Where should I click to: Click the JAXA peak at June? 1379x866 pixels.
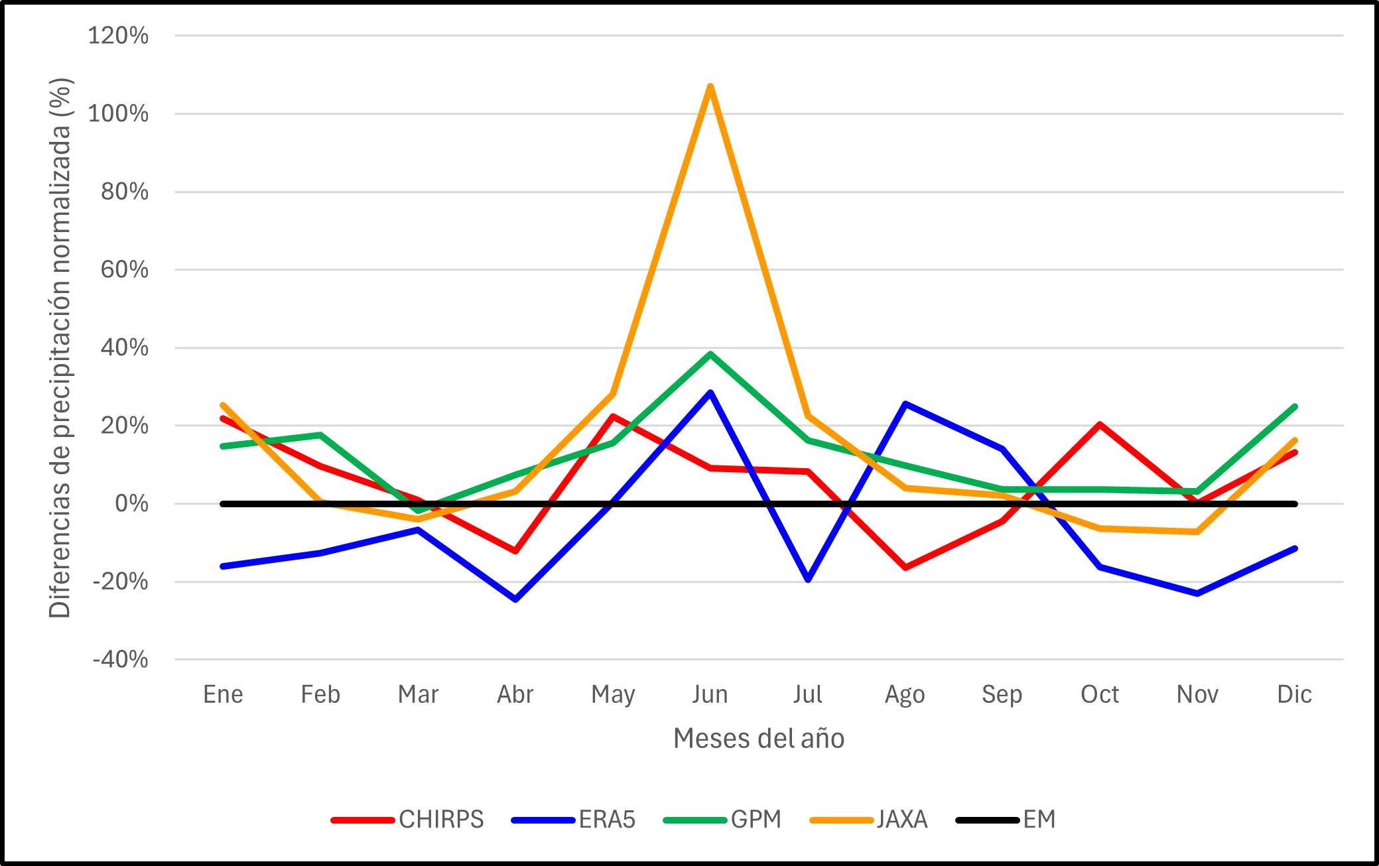tap(710, 87)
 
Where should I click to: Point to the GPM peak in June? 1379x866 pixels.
tap(710, 354)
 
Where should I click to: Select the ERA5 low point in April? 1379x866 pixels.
tap(515, 599)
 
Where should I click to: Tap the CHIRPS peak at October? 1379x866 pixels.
tap(1100, 424)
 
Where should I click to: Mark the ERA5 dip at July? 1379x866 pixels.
tap(808, 580)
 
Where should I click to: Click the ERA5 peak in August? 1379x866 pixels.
tap(905, 403)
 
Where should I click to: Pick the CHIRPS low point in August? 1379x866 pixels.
tap(905, 567)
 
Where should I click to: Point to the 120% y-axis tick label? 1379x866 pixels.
tap(118, 36)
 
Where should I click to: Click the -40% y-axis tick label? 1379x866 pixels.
tap(121, 660)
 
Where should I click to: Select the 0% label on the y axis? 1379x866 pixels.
tap(131, 504)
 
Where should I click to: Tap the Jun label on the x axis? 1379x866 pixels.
tap(710, 694)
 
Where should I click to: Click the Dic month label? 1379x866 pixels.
tap(1294, 694)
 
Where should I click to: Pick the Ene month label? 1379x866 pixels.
tap(223, 694)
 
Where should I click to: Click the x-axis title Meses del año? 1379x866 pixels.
tap(759, 738)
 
